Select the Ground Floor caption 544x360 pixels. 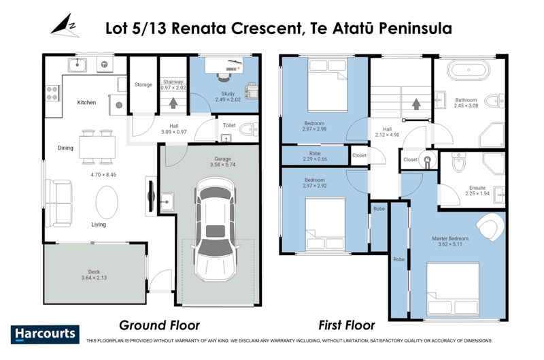pos(159,325)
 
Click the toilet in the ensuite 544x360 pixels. pos(457,164)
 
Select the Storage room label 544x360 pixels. pos(143,84)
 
